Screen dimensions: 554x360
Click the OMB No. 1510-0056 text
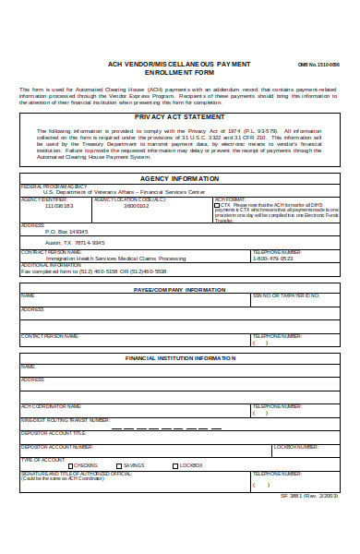[x=318, y=66]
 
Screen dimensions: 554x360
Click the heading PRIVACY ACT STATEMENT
[x=179, y=117]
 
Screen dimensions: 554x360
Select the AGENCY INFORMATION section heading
[x=179, y=178]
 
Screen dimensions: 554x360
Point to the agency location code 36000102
[x=136, y=206]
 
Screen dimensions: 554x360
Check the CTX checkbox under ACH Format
[x=217, y=205]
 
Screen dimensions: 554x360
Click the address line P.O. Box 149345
[x=66, y=232]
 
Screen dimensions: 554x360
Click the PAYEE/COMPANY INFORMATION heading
[x=179, y=289]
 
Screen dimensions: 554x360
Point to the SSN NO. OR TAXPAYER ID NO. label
[x=286, y=295]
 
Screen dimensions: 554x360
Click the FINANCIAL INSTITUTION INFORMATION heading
[x=179, y=356]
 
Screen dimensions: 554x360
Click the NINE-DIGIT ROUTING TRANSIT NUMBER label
[x=64, y=420]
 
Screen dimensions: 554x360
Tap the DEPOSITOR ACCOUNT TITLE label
[x=54, y=432]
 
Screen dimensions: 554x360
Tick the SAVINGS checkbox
[x=119, y=465]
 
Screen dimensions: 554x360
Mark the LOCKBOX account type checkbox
[x=174, y=465]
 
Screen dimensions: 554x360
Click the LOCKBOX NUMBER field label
[x=296, y=446]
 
